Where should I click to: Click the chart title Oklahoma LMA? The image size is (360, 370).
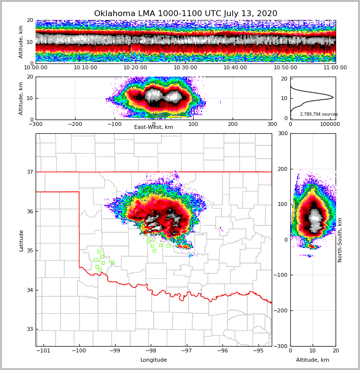coord(185,14)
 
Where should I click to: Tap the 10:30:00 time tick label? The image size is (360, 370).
coord(185,68)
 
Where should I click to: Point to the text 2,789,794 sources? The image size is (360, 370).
coord(319,114)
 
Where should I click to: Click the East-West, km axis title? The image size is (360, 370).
coord(154,127)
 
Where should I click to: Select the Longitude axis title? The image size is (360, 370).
coord(154,360)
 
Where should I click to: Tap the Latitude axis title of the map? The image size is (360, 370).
coord(21,240)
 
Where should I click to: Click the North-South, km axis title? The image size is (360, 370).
coord(340,240)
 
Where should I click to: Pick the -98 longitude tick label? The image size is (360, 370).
coord(151,350)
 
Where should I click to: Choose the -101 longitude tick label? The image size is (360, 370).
coord(43,350)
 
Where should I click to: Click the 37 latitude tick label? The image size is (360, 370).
coord(29,172)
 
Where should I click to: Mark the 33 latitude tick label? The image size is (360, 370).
coord(29,329)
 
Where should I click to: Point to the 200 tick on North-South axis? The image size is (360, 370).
coord(282,169)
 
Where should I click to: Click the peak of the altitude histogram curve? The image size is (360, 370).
coord(333,98)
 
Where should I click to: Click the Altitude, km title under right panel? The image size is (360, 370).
coord(313,360)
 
